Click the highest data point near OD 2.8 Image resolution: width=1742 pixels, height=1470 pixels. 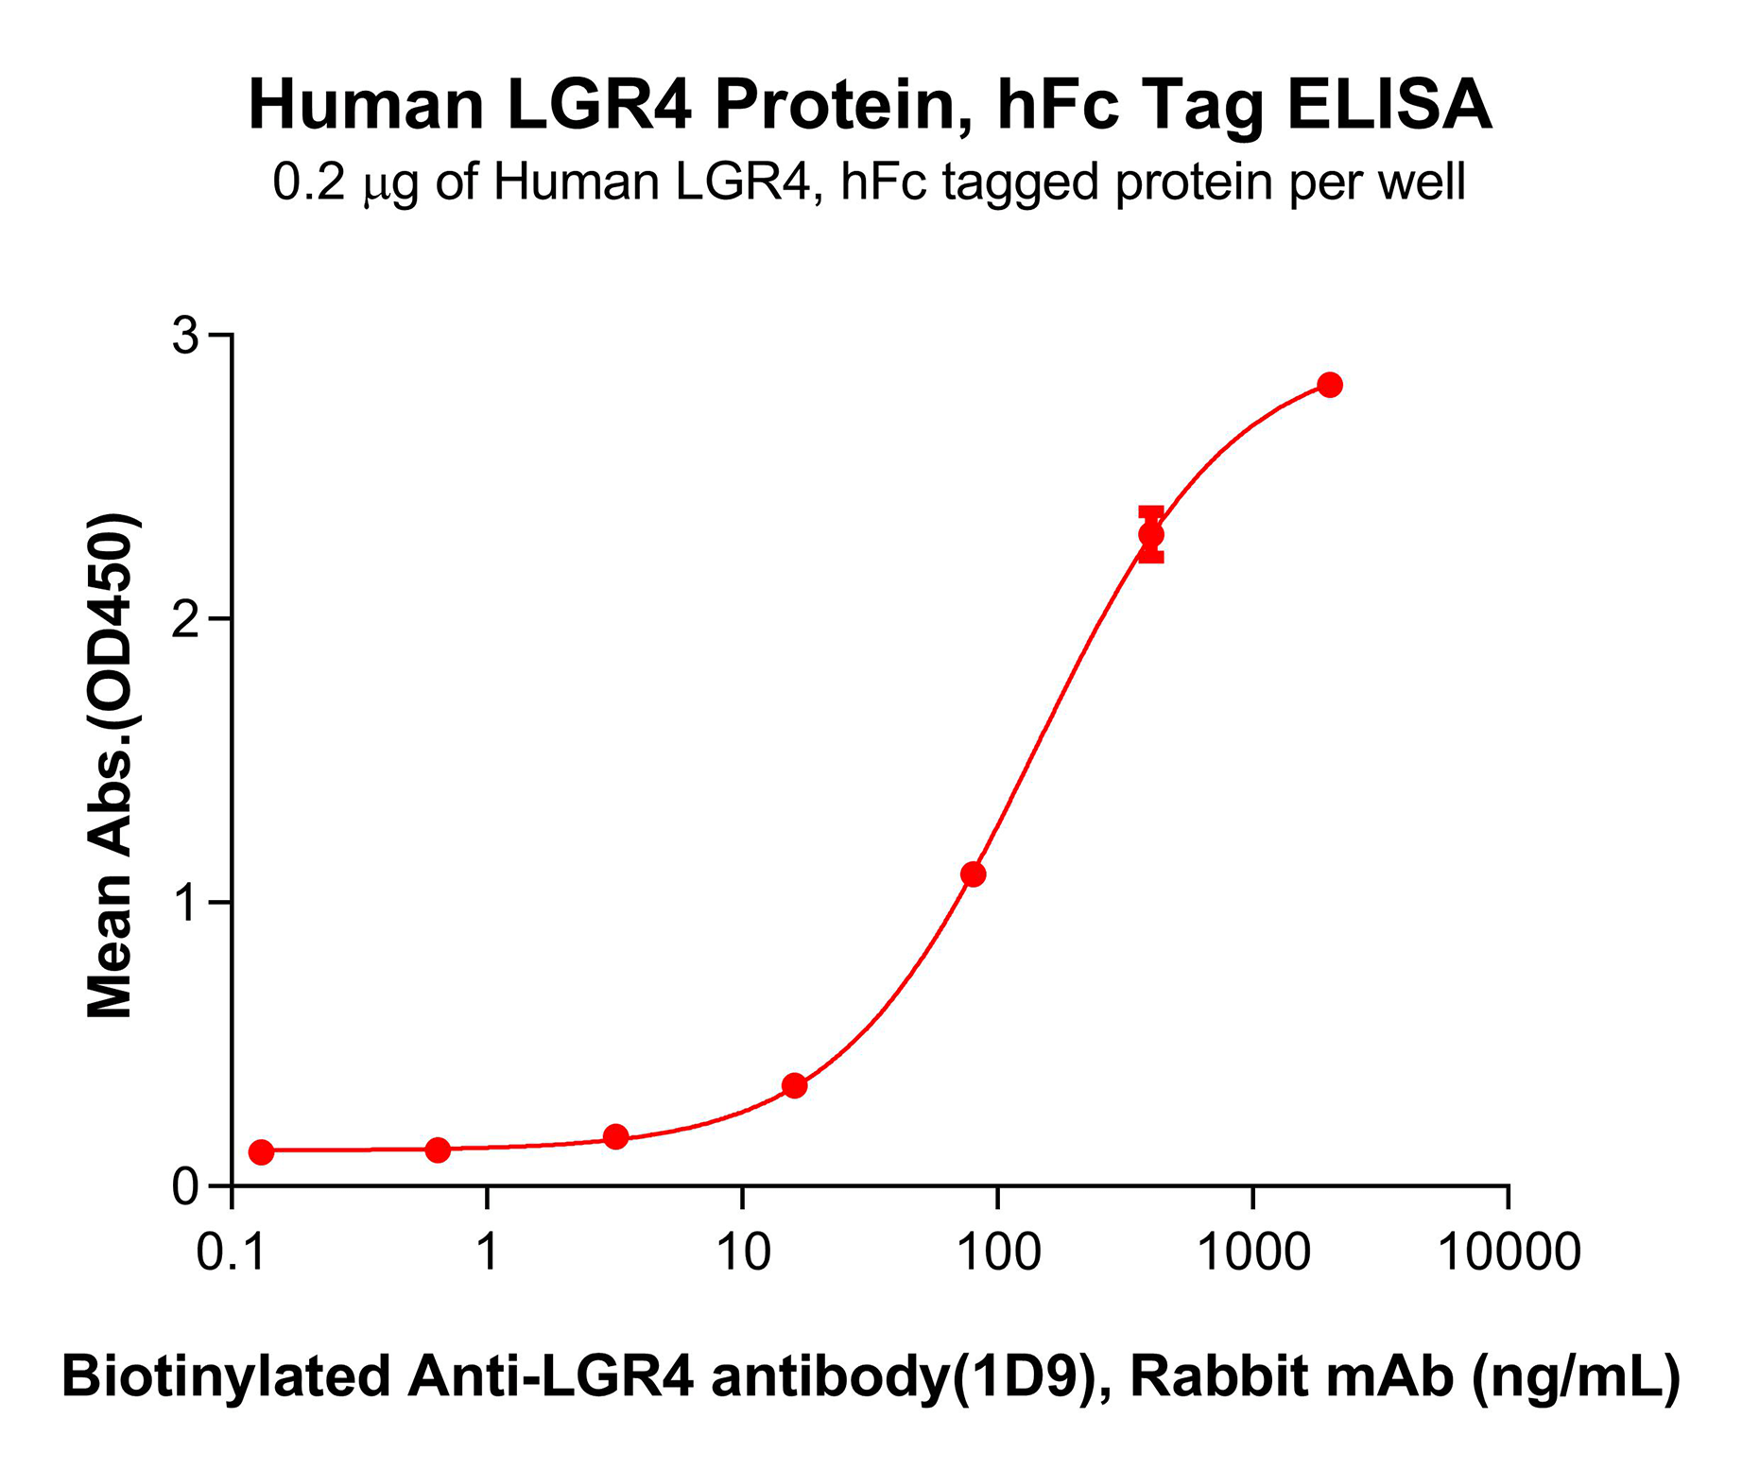[x=1329, y=385]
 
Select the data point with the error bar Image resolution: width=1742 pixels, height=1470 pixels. [x=1150, y=535]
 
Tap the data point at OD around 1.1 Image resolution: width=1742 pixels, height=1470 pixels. [x=973, y=874]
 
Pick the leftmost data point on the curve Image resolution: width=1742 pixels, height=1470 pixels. [x=262, y=1152]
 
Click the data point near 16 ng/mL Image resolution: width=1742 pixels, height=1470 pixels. [x=795, y=1085]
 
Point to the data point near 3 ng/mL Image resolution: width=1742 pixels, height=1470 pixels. [x=616, y=1136]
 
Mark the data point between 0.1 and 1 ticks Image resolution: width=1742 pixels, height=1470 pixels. [x=438, y=1150]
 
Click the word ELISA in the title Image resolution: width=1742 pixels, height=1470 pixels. [x=1388, y=106]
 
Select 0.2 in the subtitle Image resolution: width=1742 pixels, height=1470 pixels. [x=310, y=182]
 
